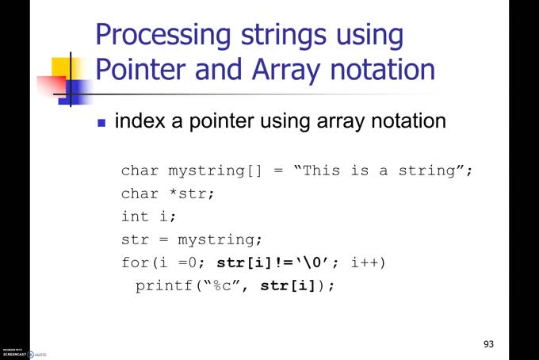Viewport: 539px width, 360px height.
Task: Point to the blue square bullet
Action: (x=101, y=123)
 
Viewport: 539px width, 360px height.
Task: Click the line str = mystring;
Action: (x=191, y=239)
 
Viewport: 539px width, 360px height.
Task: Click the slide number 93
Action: (x=488, y=344)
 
